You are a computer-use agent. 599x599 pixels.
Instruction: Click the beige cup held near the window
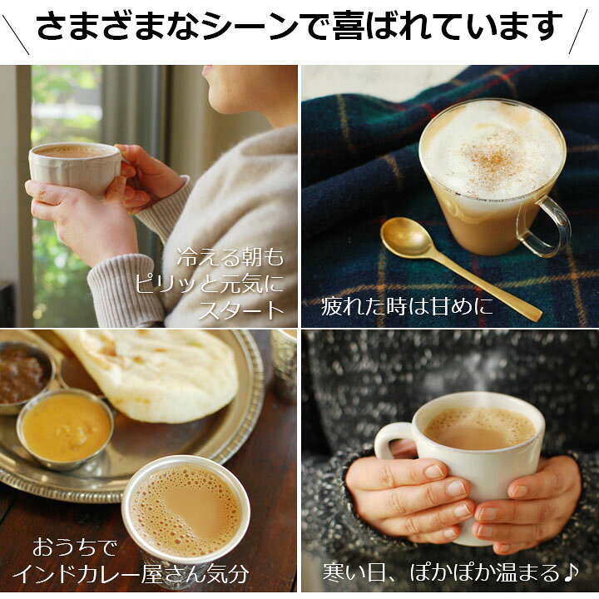coord(75,166)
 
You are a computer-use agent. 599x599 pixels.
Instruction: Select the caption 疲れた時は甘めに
coord(407,306)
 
